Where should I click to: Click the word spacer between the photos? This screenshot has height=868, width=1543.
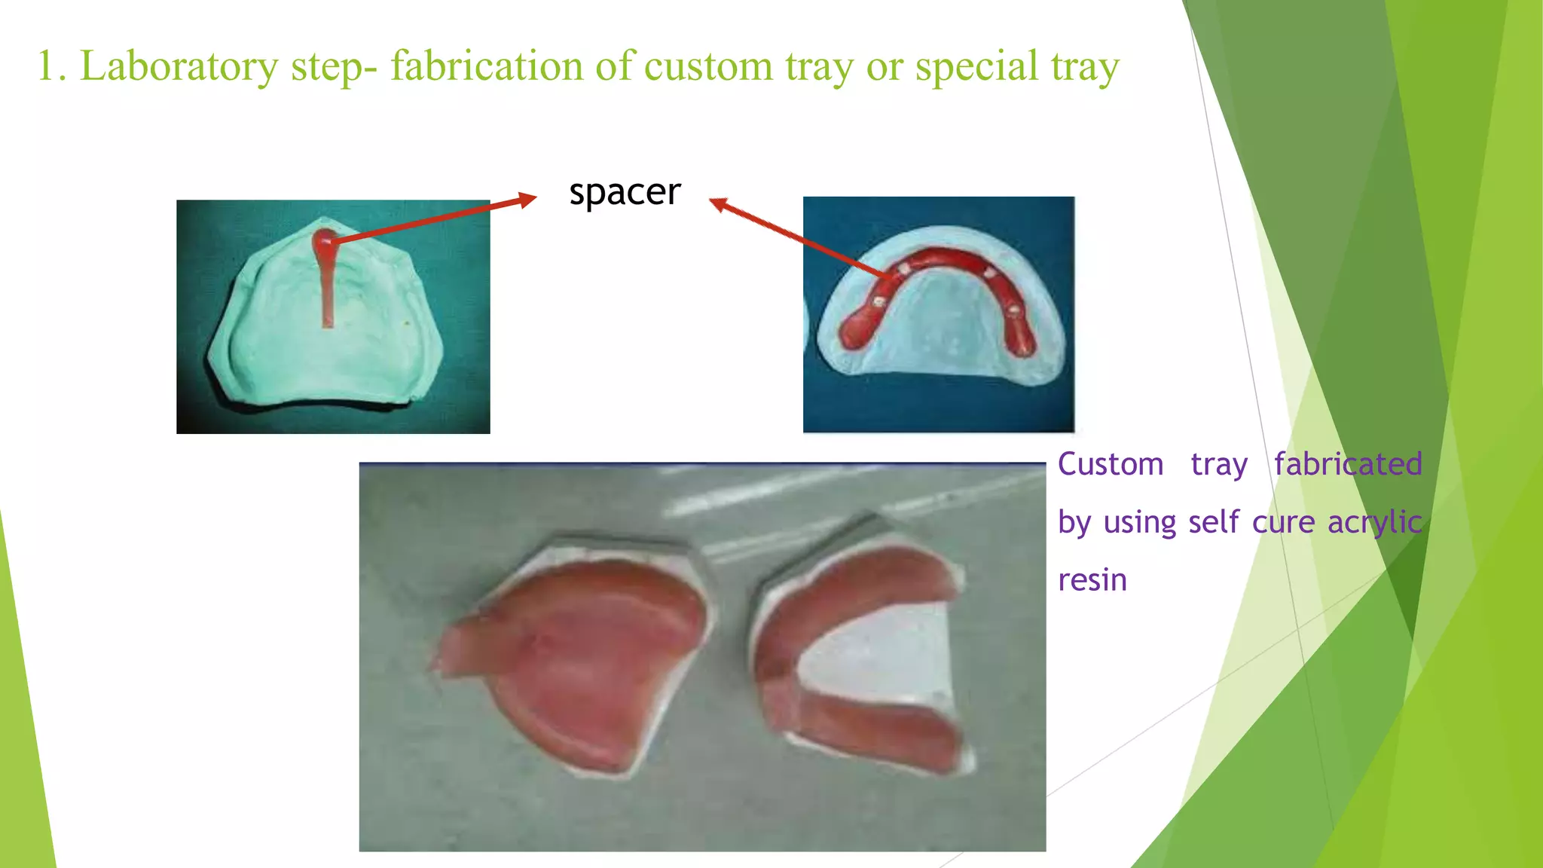coord(625,193)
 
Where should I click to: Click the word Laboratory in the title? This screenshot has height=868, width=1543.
coord(179,66)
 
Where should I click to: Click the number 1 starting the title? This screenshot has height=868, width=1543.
coord(47,66)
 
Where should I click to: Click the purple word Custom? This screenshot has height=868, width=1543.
coord(1111,465)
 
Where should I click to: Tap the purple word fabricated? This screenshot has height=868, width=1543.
coord(1348,465)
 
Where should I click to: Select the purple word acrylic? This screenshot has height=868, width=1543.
coord(1374,522)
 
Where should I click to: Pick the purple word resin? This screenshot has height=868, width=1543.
coord(1092,580)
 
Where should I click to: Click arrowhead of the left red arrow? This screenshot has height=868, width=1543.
coord(528,200)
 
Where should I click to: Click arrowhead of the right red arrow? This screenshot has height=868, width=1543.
coord(718,203)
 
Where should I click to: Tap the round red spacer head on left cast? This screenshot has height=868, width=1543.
coord(324,243)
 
